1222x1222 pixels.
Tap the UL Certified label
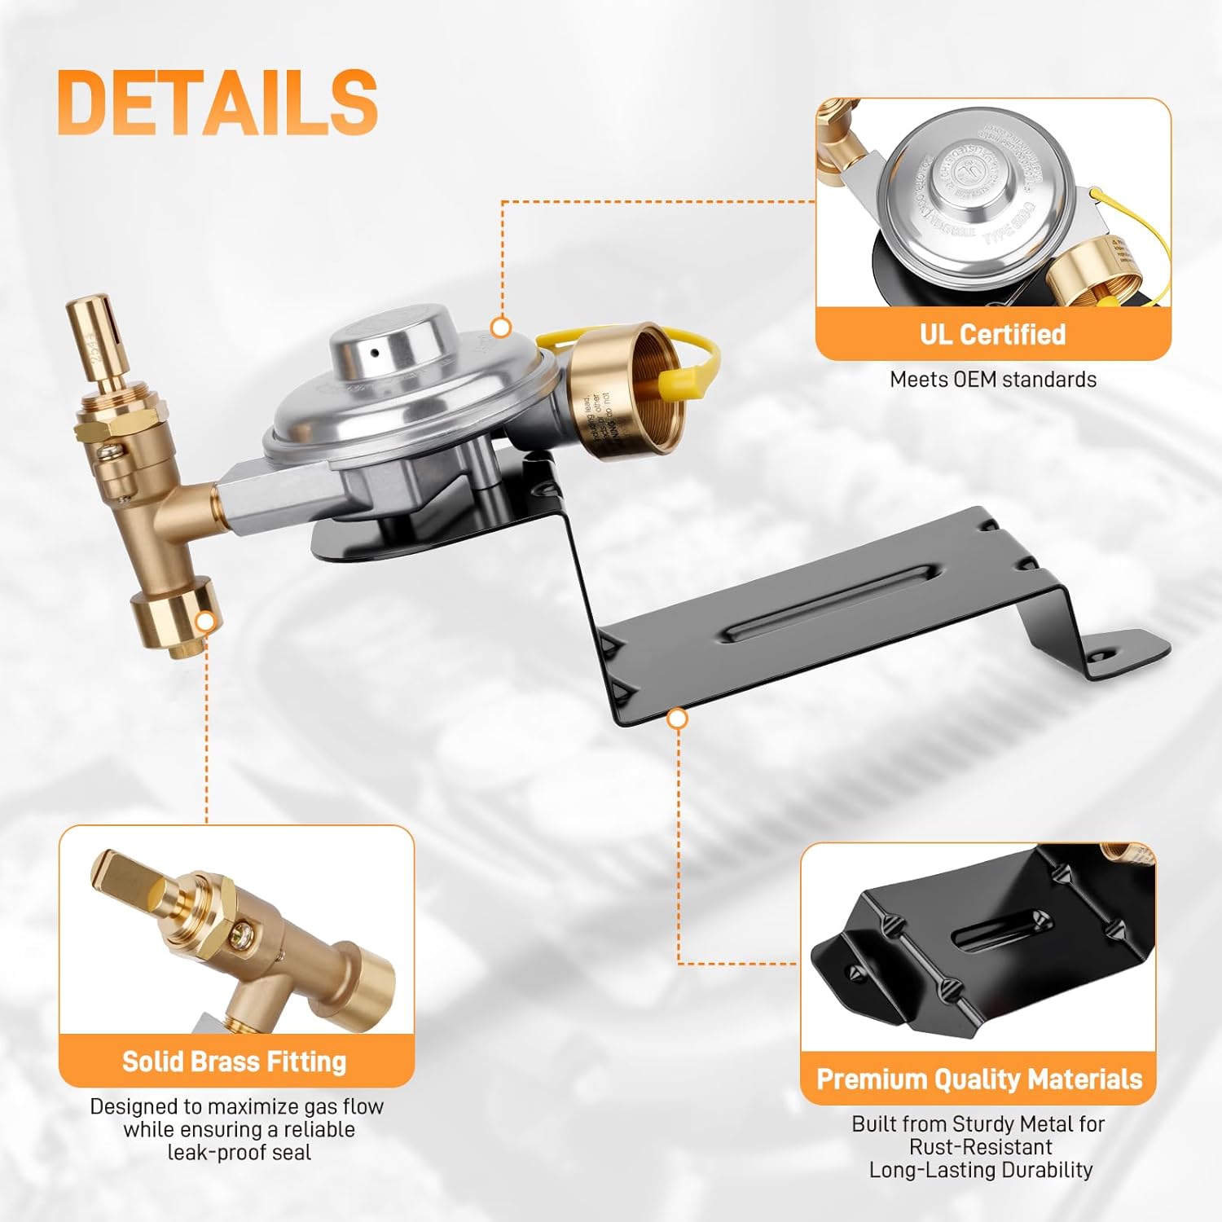pos(992,334)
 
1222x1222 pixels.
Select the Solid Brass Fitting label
pos(235,1062)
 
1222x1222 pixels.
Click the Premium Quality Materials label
pos(979,1079)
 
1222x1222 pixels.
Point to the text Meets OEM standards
pos(992,380)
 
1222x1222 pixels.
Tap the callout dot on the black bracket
pos(677,719)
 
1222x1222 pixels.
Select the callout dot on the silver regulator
pos(502,327)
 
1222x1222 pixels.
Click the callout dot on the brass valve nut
pos(206,622)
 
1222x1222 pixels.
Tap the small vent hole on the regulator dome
pos(376,354)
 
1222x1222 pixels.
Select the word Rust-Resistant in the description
pos(981,1147)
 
